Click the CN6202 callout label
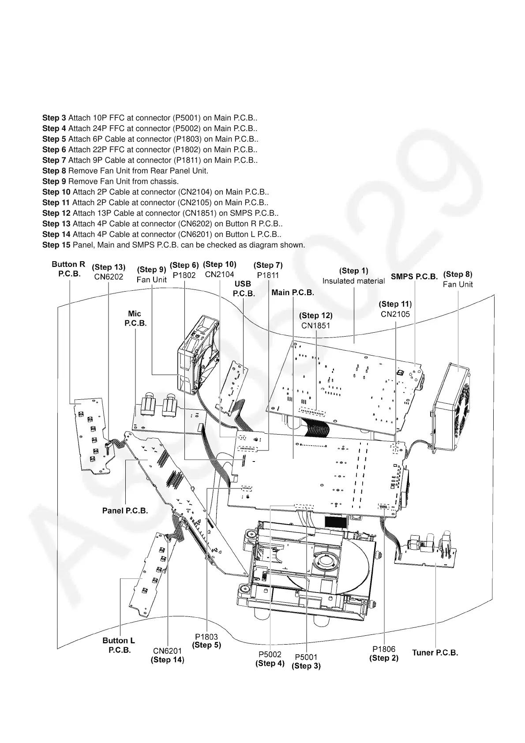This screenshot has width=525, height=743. (x=109, y=277)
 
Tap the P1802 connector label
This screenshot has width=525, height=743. (x=184, y=275)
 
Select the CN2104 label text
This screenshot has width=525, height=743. (x=219, y=274)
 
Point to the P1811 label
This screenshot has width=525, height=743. (x=268, y=275)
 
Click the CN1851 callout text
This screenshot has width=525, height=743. (x=315, y=326)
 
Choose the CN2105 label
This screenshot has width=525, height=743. (x=395, y=314)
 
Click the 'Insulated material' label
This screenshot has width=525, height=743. (x=353, y=281)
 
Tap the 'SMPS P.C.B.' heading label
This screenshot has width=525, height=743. (x=414, y=277)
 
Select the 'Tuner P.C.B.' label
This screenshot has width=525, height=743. (x=435, y=653)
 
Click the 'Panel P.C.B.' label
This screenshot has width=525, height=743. (x=125, y=510)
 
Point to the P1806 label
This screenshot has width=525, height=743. (x=384, y=649)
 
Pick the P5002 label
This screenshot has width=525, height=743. (x=270, y=654)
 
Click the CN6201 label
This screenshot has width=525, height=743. (x=167, y=651)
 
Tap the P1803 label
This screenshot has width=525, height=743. (x=206, y=637)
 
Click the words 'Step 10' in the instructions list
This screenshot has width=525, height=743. (x=56, y=192)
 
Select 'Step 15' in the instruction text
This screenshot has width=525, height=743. (x=56, y=245)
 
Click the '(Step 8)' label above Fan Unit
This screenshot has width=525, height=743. (x=457, y=274)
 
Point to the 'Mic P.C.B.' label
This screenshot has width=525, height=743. (x=135, y=318)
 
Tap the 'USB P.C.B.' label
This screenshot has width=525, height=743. (x=244, y=289)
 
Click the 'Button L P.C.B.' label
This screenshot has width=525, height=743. (x=119, y=645)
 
